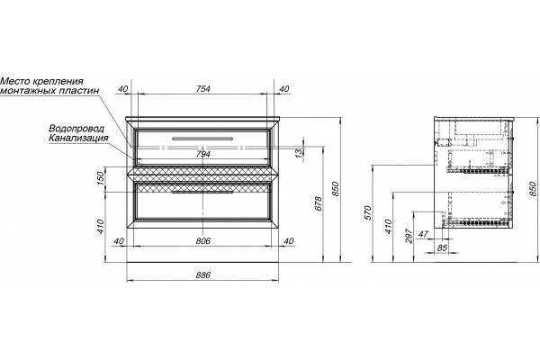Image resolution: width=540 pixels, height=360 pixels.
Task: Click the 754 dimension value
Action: [x=203, y=88]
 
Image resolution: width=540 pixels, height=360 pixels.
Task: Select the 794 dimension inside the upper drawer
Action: [x=203, y=154]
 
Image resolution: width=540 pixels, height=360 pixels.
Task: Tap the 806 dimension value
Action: [x=203, y=241]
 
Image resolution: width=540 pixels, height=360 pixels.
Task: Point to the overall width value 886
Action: [x=203, y=274]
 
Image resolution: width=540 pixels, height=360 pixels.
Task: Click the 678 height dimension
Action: [x=318, y=203]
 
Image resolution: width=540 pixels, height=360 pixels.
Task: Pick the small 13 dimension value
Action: [x=300, y=152]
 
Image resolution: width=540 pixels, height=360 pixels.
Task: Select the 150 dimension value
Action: [x=100, y=178]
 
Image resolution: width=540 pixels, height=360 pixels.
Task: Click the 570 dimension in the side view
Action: [x=368, y=213]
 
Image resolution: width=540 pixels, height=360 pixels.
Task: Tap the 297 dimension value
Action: [x=409, y=236]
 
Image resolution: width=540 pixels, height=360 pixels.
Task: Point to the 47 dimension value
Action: [x=423, y=234]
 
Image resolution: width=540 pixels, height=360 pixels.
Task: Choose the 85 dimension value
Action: [x=443, y=247]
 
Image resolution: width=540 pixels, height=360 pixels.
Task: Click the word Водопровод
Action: [x=76, y=129]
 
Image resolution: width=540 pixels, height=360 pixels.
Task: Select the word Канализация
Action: [x=78, y=138]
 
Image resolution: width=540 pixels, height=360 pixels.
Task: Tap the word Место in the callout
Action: [x=15, y=82]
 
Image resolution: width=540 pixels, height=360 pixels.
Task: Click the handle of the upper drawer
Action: [x=202, y=139]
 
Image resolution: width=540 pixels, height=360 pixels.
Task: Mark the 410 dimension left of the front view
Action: [x=100, y=226]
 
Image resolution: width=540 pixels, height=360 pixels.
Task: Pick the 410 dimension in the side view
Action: [x=389, y=226]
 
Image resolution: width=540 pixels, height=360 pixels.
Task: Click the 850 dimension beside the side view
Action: [x=532, y=189]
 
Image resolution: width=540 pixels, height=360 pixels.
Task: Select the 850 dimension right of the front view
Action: [x=336, y=189]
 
